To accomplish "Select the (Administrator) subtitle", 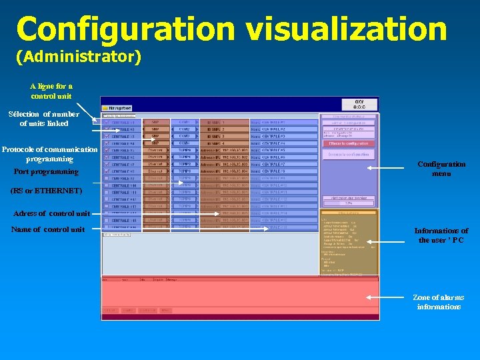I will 78,57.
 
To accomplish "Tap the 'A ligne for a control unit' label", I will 51,91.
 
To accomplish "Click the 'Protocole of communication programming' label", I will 49,154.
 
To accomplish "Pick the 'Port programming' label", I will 46,171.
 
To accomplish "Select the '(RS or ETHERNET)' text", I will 46,191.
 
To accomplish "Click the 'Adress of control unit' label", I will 51,213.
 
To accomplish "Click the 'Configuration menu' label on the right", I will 441,169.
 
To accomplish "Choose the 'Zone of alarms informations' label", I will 438,302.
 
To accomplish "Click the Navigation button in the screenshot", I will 117,107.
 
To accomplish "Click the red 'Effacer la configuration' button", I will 349,143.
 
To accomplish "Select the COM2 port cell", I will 185,129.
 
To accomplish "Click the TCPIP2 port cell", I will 185,164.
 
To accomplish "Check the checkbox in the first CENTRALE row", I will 107,123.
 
